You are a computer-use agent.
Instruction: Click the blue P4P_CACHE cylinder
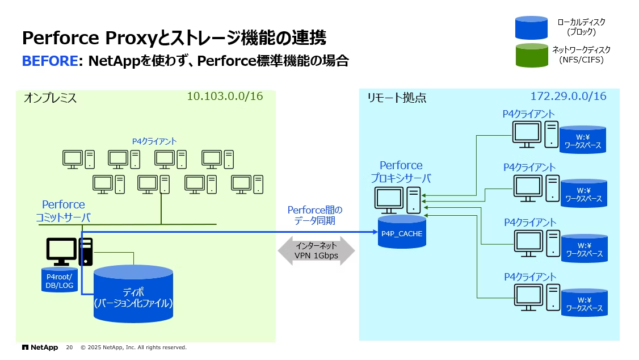(x=402, y=233)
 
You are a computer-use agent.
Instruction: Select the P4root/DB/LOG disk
(x=59, y=280)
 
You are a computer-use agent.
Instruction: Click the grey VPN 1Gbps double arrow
(x=316, y=251)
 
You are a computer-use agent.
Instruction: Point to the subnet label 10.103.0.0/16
(x=225, y=97)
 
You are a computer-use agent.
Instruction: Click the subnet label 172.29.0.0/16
(x=568, y=97)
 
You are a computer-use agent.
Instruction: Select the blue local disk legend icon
(x=531, y=28)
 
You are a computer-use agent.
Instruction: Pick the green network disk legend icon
(x=531, y=55)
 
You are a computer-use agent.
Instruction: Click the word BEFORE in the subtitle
(x=49, y=61)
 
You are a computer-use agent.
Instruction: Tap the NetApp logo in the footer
(x=40, y=347)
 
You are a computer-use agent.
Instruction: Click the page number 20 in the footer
(x=69, y=347)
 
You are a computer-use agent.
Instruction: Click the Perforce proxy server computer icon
(x=397, y=199)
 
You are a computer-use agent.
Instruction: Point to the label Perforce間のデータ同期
(x=315, y=215)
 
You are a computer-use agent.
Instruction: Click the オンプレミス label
(x=50, y=98)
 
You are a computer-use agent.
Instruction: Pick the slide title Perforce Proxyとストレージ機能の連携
(x=174, y=38)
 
